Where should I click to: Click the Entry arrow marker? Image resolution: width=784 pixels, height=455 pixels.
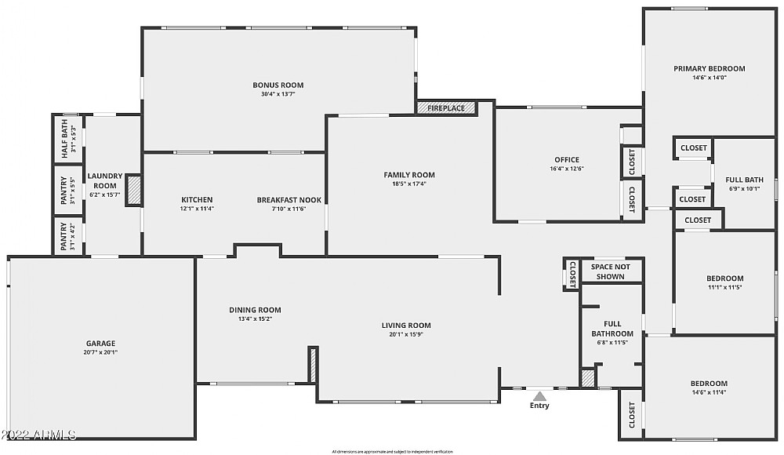pos(539,396)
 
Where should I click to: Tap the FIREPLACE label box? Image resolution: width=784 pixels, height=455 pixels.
pos(446,108)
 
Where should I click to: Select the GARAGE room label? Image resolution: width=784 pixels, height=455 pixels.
pos(100,343)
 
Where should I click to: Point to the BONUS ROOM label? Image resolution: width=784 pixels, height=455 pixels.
pos(278,85)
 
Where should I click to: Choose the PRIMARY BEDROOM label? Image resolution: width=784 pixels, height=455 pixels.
pos(709,68)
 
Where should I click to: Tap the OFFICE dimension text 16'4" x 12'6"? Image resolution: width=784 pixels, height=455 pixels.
pos(567,169)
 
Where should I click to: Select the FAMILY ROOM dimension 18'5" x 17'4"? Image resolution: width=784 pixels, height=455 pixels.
pos(408,184)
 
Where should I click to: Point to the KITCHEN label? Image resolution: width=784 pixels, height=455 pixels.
pos(197,199)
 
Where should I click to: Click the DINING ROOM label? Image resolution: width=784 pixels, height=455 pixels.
pos(255,309)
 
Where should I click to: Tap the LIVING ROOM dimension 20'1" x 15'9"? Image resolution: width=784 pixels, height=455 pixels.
pos(406,335)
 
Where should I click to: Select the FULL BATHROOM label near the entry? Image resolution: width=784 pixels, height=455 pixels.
pos(612,328)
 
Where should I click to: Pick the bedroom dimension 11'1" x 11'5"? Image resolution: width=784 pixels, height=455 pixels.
pos(724,287)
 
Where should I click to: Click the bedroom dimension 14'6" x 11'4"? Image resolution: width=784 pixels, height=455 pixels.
pos(709,392)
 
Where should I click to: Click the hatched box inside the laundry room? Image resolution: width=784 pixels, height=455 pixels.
pos(133,191)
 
